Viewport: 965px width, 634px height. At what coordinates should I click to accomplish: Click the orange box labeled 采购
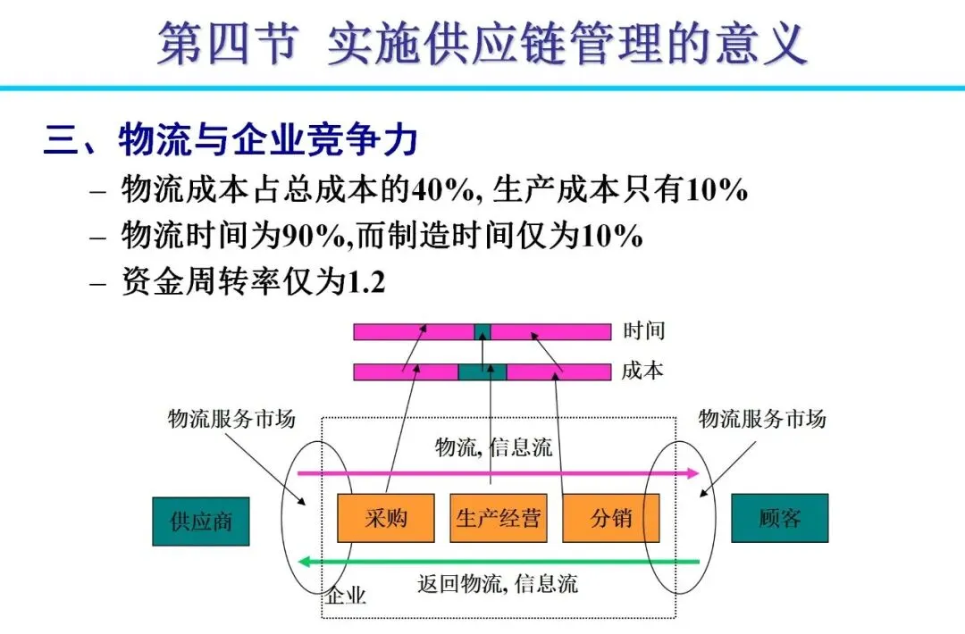coord(385,518)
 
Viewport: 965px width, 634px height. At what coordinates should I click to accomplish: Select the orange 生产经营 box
coord(498,518)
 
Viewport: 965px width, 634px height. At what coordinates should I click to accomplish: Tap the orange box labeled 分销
coord(610,518)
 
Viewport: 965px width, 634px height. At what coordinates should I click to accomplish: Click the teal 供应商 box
coord(201,521)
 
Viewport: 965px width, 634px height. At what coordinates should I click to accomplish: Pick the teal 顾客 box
coord(779,518)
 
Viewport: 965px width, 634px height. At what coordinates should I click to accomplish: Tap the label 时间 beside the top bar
coord(643,331)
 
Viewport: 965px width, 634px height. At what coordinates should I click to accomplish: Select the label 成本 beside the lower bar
coord(643,371)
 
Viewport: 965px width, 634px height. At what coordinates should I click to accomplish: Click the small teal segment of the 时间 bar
coord(482,332)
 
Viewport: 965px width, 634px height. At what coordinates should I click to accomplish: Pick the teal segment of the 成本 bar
coord(482,372)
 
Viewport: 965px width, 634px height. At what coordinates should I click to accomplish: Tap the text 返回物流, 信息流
coord(498,585)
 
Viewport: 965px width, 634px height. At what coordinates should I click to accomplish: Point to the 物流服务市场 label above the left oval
coord(231,419)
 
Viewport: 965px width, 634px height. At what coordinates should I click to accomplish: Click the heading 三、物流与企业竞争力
coord(231,141)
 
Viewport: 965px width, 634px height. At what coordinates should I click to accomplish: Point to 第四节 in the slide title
coord(226,45)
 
